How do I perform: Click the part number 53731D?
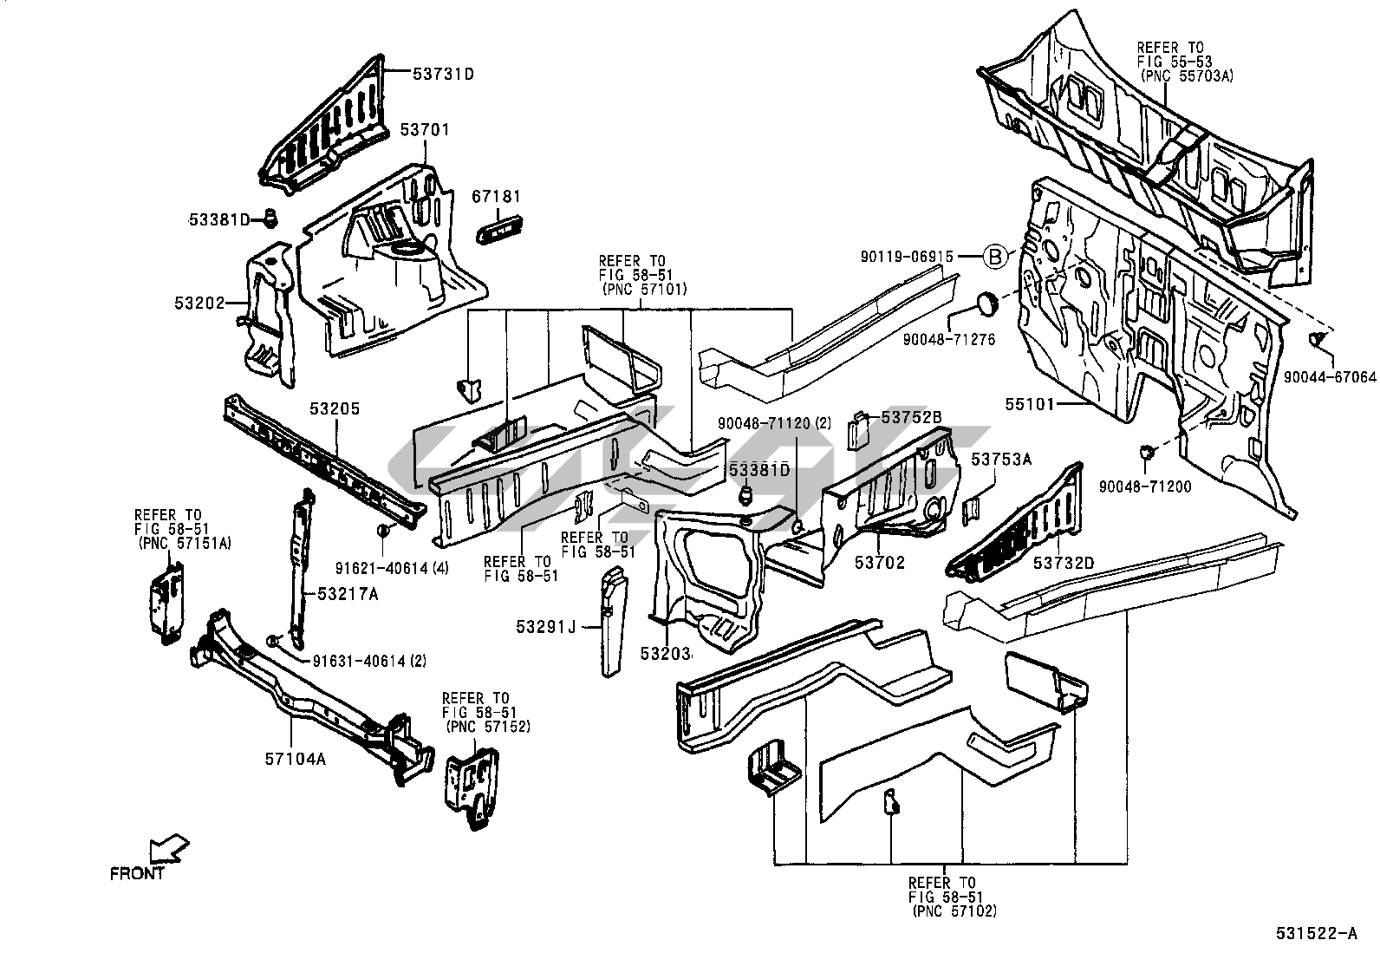443,74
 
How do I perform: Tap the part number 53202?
199,304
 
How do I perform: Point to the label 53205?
335,408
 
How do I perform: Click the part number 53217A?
348,594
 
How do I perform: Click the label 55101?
1032,403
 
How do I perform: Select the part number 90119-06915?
907,257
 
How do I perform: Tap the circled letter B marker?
996,257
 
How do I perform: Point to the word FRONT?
137,874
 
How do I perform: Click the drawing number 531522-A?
1315,934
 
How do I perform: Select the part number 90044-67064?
1330,377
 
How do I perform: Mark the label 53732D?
1064,563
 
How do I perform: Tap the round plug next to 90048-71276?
987,304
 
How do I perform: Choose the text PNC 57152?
487,726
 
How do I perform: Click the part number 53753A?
1001,460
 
